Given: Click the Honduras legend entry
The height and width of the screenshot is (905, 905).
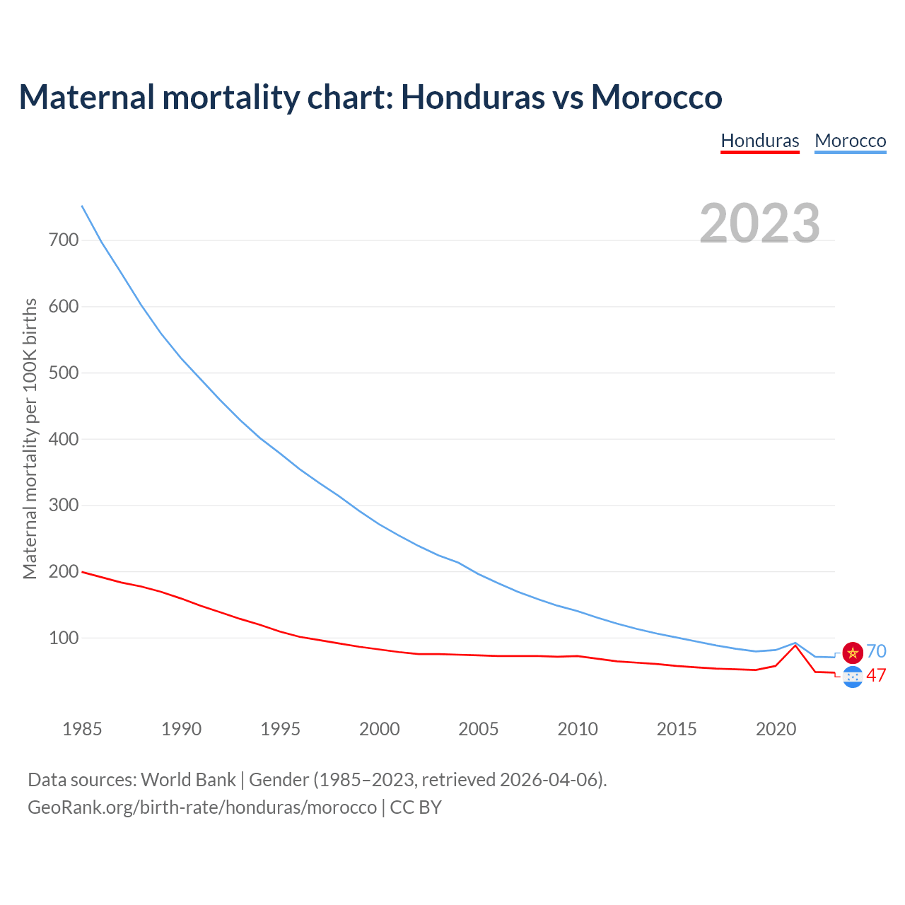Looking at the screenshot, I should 760,141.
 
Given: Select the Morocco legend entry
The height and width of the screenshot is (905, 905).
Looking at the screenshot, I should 850,141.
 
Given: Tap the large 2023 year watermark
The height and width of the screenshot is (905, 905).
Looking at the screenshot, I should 760,223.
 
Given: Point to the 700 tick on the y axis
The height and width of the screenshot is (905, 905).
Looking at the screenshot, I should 64,240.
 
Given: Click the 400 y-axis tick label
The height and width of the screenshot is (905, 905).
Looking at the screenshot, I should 64,439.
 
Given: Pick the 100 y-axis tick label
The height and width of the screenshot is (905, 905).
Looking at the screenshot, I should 64,638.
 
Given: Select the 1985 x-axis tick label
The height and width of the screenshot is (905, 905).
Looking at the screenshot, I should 82,729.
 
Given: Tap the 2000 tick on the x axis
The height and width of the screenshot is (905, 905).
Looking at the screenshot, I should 380,729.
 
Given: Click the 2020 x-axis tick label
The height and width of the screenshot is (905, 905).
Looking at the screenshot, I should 776,729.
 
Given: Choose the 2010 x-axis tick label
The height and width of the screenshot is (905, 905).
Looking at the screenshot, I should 578,729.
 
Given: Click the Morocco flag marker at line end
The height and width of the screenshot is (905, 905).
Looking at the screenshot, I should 853,653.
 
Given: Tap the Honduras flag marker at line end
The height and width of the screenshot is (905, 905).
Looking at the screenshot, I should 853,677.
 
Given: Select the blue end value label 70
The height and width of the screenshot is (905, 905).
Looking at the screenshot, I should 876,651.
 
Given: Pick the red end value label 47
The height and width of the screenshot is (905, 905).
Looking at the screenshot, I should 876,676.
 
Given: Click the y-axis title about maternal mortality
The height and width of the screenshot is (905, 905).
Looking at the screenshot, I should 30,438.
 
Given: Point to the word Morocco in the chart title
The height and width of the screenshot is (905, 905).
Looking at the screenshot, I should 656,97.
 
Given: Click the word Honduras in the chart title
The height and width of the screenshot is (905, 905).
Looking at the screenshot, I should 472,97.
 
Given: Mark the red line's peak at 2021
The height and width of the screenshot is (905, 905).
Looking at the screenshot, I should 795,646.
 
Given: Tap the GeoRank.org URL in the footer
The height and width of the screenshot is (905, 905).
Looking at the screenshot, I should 202,807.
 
